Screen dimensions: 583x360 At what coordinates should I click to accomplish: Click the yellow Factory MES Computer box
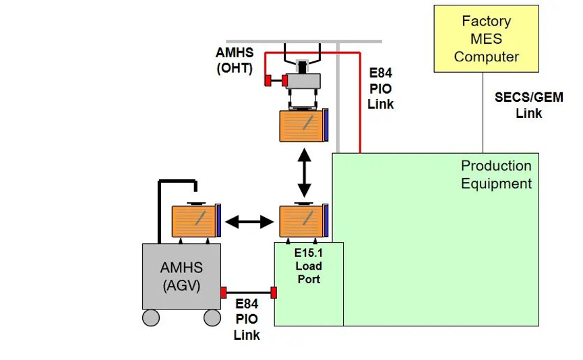coord(486,38)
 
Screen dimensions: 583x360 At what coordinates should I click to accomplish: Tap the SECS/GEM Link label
coord(528,105)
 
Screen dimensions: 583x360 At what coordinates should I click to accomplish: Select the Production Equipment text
coord(496,175)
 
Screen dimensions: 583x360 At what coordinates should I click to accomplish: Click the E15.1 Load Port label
coord(309,266)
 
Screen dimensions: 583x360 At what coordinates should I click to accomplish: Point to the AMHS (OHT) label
coord(235,60)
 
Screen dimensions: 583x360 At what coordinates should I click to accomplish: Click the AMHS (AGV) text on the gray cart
coord(182,276)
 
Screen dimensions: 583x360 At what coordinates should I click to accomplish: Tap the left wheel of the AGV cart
coord(151,318)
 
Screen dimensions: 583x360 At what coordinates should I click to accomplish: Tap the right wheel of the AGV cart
coord(212,318)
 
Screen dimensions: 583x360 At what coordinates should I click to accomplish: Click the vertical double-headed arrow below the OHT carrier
coord(305,173)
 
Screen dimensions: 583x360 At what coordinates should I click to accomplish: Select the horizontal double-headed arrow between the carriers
coord(249,222)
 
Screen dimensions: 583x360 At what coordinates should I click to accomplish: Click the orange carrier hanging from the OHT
coord(304,125)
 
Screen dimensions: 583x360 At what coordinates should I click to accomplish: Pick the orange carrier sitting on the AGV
coord(196,221)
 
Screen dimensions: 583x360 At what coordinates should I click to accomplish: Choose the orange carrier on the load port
coord(304,221)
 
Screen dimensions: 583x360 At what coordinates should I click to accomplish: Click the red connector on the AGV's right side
coord(224,293)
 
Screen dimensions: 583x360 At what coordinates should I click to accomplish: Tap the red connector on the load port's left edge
coord(274,293)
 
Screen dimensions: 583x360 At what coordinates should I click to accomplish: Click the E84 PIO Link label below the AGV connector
coord(247,320)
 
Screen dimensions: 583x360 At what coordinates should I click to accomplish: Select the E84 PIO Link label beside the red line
coord(380,88)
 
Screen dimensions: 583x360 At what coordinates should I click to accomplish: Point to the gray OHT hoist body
coord(303,81)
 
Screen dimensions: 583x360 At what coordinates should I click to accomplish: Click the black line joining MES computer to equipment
coord(483,113)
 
